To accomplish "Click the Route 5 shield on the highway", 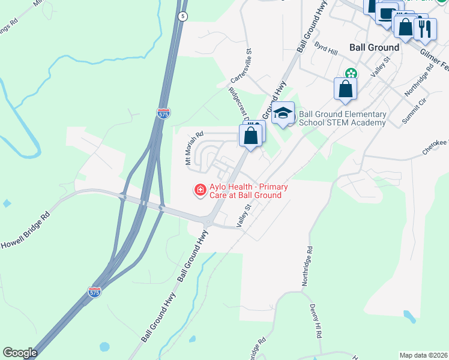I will (x=183, y=16).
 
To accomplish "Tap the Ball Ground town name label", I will (x=375, y=47).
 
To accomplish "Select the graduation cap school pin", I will (x=283, y=113).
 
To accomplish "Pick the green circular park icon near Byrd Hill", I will (x=351, y=74).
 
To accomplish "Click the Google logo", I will (x=20, y=353).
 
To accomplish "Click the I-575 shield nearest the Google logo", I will (x=94, y=292).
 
